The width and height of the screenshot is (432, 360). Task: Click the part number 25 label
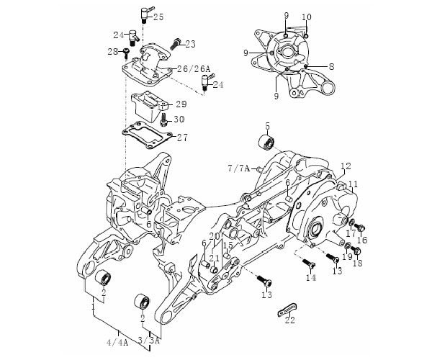coord(158,17)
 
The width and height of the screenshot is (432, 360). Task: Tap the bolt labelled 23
coord(175,45)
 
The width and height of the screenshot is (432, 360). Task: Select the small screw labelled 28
coord(126,53)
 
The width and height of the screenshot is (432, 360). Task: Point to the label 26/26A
coord(193,68)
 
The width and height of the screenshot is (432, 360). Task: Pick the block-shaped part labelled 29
coord(150,107)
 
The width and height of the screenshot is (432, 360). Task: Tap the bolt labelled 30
coord(164,120)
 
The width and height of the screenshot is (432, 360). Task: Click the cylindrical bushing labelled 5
coord(267,142)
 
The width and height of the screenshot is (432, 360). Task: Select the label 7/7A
coord(239,168)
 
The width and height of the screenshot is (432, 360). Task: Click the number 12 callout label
coord(346,166)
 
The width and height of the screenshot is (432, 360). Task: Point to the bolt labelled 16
coord(360,228)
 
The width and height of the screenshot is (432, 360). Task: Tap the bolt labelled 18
coord(357,251)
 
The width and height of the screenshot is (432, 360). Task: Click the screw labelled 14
coord(309,264)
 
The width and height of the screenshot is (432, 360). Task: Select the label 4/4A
coord(117,343)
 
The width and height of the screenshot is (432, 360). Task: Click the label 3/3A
coord(149,341)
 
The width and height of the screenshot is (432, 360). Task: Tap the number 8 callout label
coord(331,66)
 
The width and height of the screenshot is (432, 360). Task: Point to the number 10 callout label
coord(307,17)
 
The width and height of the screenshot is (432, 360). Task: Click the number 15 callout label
coord(228,245)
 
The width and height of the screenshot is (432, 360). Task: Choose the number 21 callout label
coord(214,258)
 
